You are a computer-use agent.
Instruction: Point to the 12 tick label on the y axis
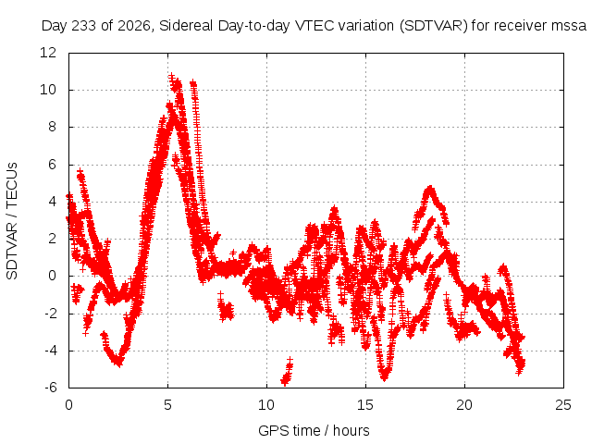[x=48, y=53]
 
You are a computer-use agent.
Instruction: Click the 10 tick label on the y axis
[x=48, y=90]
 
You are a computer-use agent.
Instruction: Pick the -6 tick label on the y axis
[x=51, y=388]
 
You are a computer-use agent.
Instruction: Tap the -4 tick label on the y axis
[x=51, y=351]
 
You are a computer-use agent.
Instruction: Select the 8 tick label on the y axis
[x=52, y=127]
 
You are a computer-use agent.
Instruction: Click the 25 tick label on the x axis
[x=563, y=405]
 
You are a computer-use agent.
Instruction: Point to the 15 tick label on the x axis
[x=365, y=405]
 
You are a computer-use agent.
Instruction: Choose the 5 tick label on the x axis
[x=167, y=405]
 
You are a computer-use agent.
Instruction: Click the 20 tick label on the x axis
[x=464, y=405]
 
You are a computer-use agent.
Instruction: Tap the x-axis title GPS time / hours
[x=314, y=431]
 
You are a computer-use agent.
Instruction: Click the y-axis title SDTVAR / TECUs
[x=12, y=221]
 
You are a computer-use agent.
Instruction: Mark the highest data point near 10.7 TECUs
[x=172, y=77]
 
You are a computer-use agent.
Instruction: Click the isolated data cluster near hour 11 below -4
[x=287, y=372]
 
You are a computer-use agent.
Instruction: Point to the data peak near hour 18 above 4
[x=429, y=188]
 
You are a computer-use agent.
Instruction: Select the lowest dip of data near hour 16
[x=385, y=377]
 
